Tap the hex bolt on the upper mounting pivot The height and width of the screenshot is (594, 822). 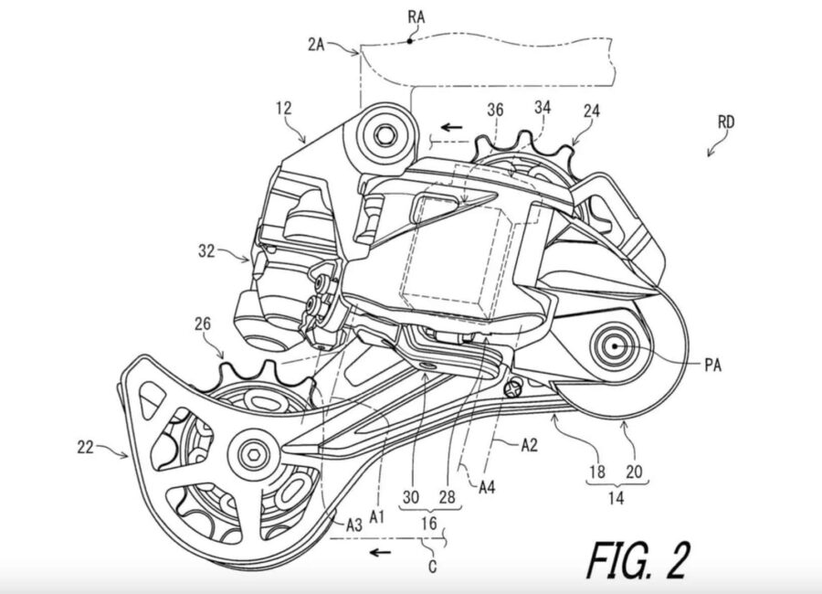pyautogui.click(x=385, y=134)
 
